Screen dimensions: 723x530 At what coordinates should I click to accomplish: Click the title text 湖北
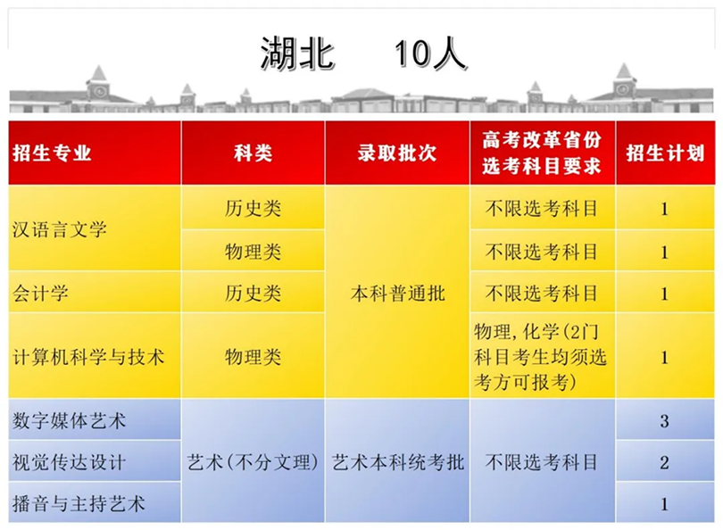[x=297, y=54]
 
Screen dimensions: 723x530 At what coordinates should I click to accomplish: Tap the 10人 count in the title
[x=430, y=54]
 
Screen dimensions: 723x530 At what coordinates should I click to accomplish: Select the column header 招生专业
[x=52, y=153]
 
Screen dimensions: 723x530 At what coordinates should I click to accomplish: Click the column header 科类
[x=253, y=153]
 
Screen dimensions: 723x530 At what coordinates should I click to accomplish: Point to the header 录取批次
[x=397, y=153]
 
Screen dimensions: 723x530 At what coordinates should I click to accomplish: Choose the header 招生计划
[x=665, y=153]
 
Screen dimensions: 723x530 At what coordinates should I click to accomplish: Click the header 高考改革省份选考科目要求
[x=542, y=153]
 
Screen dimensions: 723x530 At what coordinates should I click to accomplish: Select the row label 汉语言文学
[x=60, y=229]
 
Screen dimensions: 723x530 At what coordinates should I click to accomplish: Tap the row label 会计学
[x=40, y=294]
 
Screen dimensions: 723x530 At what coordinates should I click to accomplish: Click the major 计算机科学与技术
[x=88, y=357]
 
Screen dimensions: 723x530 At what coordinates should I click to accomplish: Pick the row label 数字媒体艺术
[x=69, y=420]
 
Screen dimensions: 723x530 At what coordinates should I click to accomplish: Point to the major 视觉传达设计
[x=69, y=462]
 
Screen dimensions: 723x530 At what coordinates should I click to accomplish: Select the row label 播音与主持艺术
[x=79, y=503]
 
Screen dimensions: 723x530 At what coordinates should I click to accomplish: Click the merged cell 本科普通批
[x=397, y=294]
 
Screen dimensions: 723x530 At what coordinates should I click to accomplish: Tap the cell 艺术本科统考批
[x=398, y=462]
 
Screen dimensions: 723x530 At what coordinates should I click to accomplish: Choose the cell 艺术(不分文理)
[x=253, y=462]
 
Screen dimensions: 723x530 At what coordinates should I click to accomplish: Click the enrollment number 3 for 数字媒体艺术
[x=664, y=421]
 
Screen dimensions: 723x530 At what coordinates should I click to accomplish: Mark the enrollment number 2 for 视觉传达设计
[x=664, y=462]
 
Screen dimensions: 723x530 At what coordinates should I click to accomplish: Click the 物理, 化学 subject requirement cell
[x=540, y=357]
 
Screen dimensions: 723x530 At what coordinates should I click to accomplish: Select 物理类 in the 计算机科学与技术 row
[x=253, y=357]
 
